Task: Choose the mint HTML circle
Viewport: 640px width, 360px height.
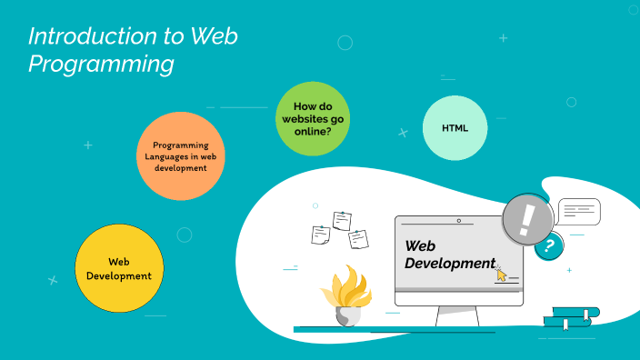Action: (455, 127)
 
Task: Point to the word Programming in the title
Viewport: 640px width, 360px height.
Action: (100, 65)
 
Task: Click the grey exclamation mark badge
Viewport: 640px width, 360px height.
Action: (528, 220)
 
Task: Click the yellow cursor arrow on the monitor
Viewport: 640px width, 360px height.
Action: (501, 275)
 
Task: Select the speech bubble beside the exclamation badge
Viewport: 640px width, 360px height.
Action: (578, 212)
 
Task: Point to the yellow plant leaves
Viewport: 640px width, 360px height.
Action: (345, 289)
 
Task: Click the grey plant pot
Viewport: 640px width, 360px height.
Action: (348, 316)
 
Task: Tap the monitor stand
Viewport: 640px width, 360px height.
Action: (457, 316)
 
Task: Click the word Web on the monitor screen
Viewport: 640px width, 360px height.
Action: (420, 245)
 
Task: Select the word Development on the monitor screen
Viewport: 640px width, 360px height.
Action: (449, 263)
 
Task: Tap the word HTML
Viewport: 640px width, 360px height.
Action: (455, 127)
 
